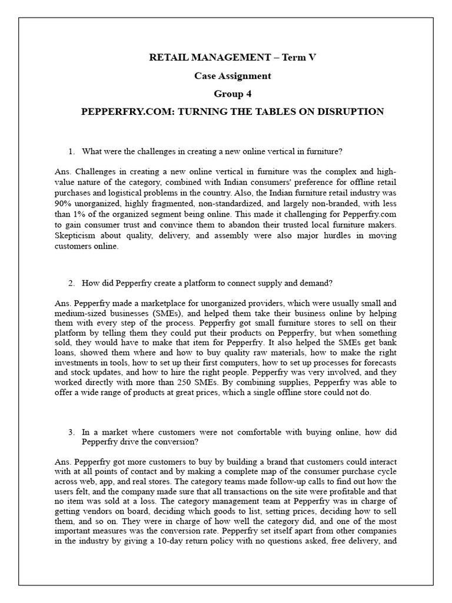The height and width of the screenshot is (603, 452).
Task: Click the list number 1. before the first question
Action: click(72, 151)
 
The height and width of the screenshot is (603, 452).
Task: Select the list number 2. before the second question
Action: click(72, 283)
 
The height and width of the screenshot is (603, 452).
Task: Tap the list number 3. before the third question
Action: click(72, 432)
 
